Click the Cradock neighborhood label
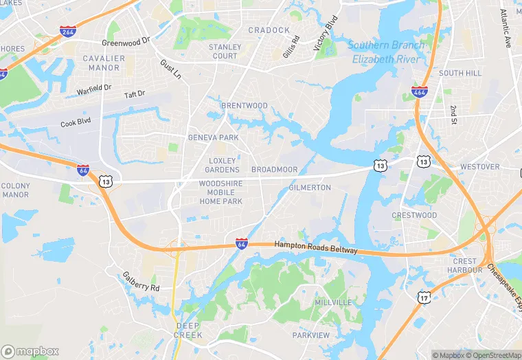pos(269,30)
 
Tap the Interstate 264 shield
pos(68,32)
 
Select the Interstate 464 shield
pos(419,91)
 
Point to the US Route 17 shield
pos(425,297)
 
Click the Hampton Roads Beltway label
pos(316,247)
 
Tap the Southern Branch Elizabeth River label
pos(387,52)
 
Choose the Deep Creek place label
pos(189,330)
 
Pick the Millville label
pos(333,302)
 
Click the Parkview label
pos(311,335)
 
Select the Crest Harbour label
pos(464,265)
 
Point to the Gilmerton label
pos(310,188)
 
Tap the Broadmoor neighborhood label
pos(275,170)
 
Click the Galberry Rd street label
pos(141,282)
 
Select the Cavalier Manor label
pos(104,63)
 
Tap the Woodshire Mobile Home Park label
pos(220,192)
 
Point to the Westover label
pos(480,167)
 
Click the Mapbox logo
pos(30,351)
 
